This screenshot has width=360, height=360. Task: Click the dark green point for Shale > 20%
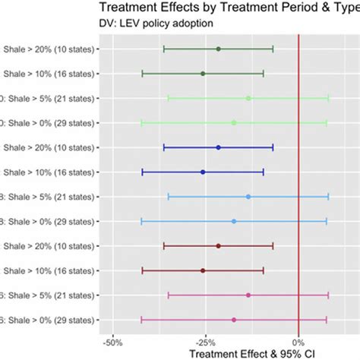point(218,49)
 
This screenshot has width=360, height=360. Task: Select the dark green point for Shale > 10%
point(203,74)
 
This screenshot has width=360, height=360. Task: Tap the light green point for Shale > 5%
point(248,98)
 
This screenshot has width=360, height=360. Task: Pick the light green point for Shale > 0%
point(233,122)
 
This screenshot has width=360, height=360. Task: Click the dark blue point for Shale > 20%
point(218,147)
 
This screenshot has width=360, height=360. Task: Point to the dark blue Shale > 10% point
point(203,172)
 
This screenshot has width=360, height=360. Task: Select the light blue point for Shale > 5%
point(248,197)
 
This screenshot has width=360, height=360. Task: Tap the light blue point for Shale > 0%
point(233,221)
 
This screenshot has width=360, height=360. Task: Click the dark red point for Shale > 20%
point(218,246)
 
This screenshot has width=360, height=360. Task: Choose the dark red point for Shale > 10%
point(203,270)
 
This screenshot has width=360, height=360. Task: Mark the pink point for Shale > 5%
point(248,295)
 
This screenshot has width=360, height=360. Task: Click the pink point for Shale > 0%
point(233,320)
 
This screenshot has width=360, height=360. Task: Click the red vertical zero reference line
point(299,182)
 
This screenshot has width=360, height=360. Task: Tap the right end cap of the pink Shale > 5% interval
point(328,295)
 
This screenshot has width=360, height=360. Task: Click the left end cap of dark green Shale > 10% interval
point(142,74)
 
